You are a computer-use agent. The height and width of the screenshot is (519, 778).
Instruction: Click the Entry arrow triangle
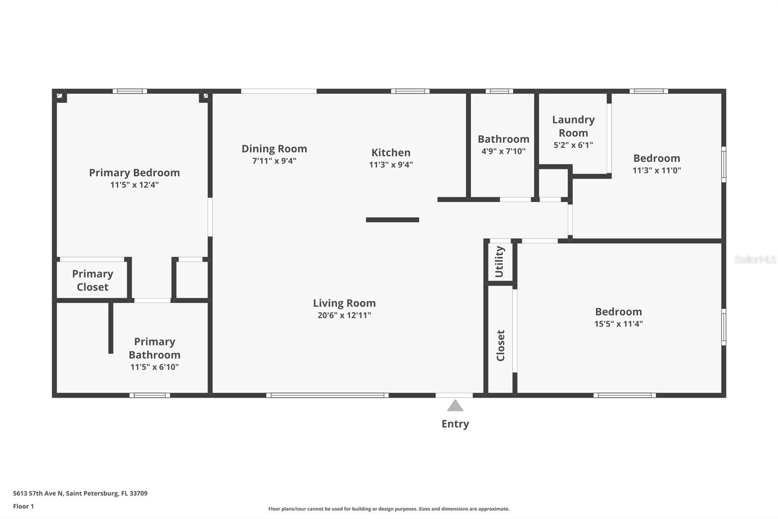(455, 406)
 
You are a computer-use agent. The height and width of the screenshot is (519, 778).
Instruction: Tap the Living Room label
(344, 303)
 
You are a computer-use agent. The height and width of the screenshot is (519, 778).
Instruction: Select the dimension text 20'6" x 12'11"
(344, 315)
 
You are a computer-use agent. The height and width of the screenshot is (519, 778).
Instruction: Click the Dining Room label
(274, 149)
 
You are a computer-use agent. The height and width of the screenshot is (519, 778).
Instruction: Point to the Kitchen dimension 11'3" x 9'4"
(391, 165)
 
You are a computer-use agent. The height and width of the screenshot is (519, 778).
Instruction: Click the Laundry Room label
(573, 126)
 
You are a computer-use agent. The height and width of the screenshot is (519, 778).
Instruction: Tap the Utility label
(499, 261)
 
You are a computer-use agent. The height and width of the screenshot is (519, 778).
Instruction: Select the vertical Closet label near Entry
(500, 345)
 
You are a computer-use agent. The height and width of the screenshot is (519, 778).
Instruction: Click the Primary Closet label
(92, 280)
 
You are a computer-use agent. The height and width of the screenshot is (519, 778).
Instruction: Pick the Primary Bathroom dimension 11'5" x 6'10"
(155, 367)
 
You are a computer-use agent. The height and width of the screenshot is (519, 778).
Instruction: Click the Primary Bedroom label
(134, 173)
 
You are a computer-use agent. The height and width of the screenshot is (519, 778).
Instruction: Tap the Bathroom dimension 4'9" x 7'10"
(503, 151)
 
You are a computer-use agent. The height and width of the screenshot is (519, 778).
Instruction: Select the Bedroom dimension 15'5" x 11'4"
(619, 324)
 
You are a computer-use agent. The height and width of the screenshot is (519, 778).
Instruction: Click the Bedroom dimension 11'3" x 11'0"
(656, 170)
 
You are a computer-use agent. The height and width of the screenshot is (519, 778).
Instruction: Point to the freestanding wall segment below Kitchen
(392, 220)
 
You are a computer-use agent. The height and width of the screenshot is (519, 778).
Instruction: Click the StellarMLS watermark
(755, 259)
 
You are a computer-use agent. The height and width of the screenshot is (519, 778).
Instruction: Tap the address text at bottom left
(80, 493)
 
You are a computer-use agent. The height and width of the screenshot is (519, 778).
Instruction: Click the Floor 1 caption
(23, 506)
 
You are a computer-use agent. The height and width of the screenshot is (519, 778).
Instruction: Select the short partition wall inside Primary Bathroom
(111, 328)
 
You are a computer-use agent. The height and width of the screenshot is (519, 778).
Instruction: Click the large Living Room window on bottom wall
(327, 395)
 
